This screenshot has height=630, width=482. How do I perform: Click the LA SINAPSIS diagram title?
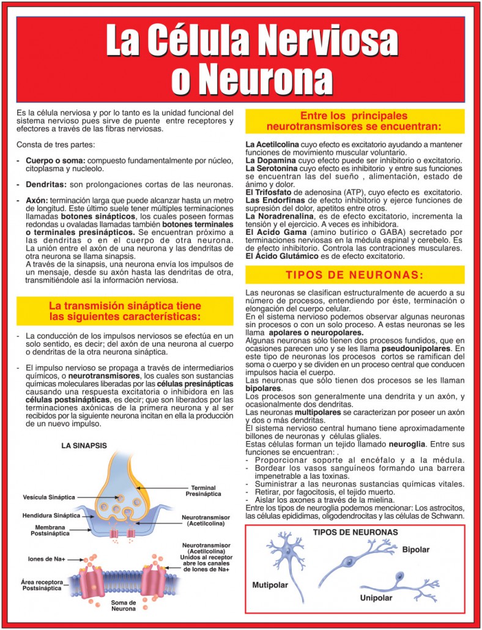click(x=85, y=446)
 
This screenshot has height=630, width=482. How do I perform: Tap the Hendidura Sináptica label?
click(x=51, y=515)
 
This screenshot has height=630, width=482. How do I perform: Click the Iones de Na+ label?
click(x=47, y=558)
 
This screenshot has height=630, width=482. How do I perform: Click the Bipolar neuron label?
click(x=416, y=550)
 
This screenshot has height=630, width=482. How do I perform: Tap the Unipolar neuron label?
click(x=376, y=597)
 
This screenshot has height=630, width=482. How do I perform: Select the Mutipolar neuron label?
click(x=270, y=585)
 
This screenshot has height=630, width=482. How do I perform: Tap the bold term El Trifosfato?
click(x=270, y=192)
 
